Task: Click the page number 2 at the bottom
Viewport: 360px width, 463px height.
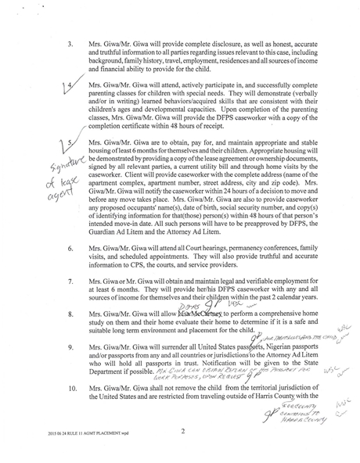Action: click(182, 431)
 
